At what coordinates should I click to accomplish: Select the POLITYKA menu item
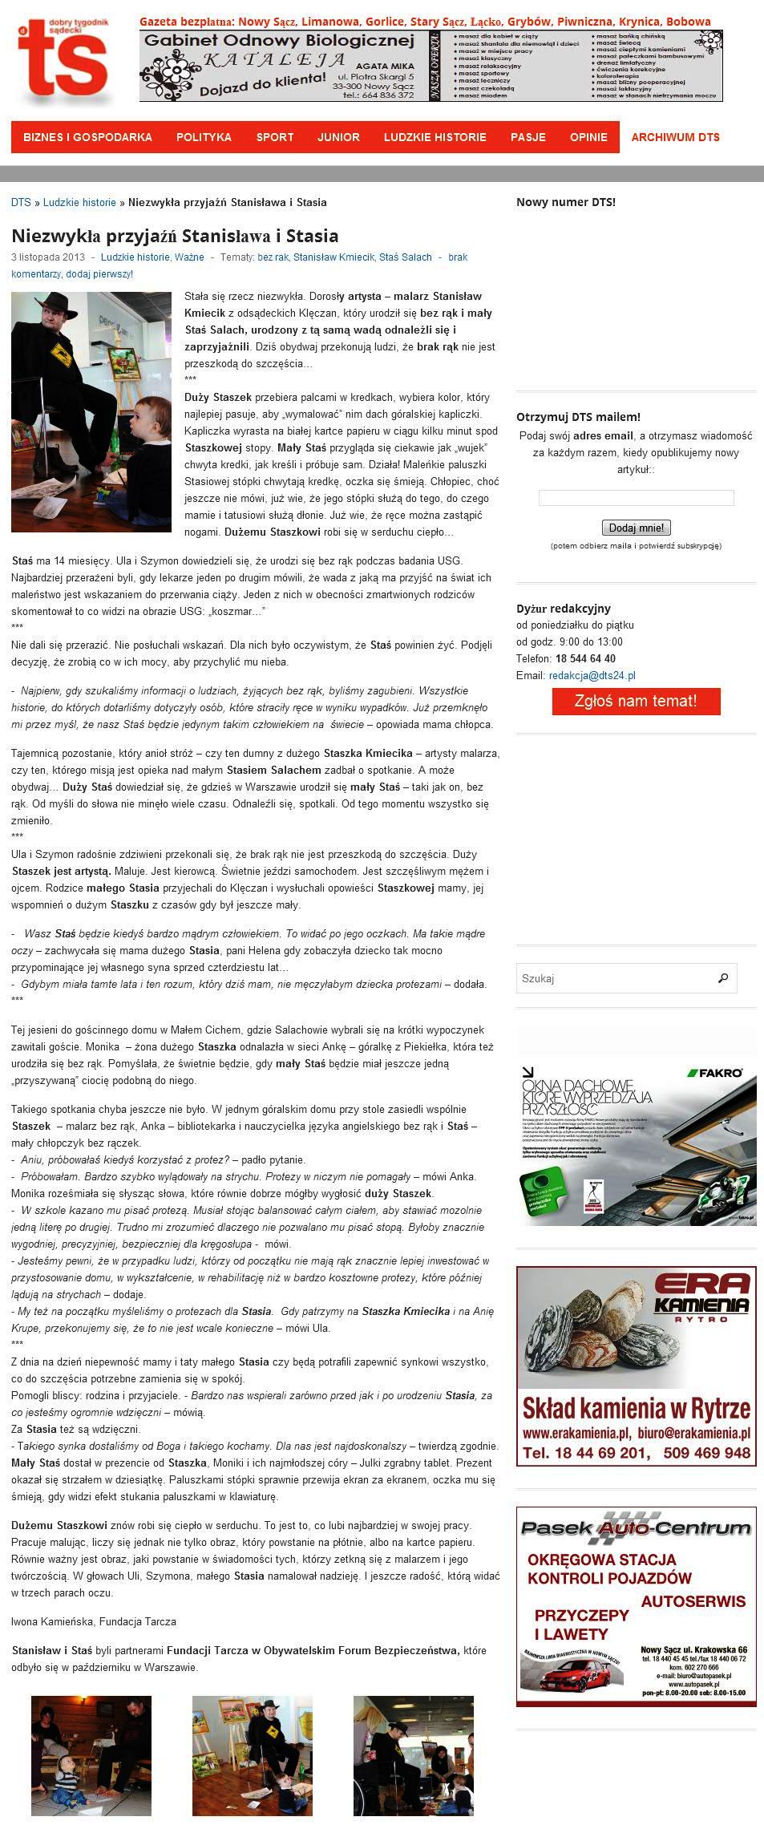(x=204, y=137)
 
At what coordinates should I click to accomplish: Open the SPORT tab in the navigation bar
(x=275, y=137)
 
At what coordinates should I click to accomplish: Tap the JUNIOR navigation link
(x=338, y=137)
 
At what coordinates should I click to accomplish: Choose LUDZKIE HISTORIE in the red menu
(x=435, y=137)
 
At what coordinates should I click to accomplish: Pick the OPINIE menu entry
(x=588, y=137)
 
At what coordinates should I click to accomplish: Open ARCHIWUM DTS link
(x=675, y=137)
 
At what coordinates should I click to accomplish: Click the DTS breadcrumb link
(x=21, y=202)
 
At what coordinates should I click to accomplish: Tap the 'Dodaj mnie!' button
(x=636, y=528)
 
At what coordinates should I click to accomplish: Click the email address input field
(x=636, y=498)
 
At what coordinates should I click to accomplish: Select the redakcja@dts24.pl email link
(x=592, y=676)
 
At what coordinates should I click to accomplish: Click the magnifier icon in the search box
(x=723, y=978)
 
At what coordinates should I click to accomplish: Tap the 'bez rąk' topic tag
(x=273, y=257)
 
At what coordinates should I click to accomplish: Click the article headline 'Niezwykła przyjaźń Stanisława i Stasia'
(x=175, y=236)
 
